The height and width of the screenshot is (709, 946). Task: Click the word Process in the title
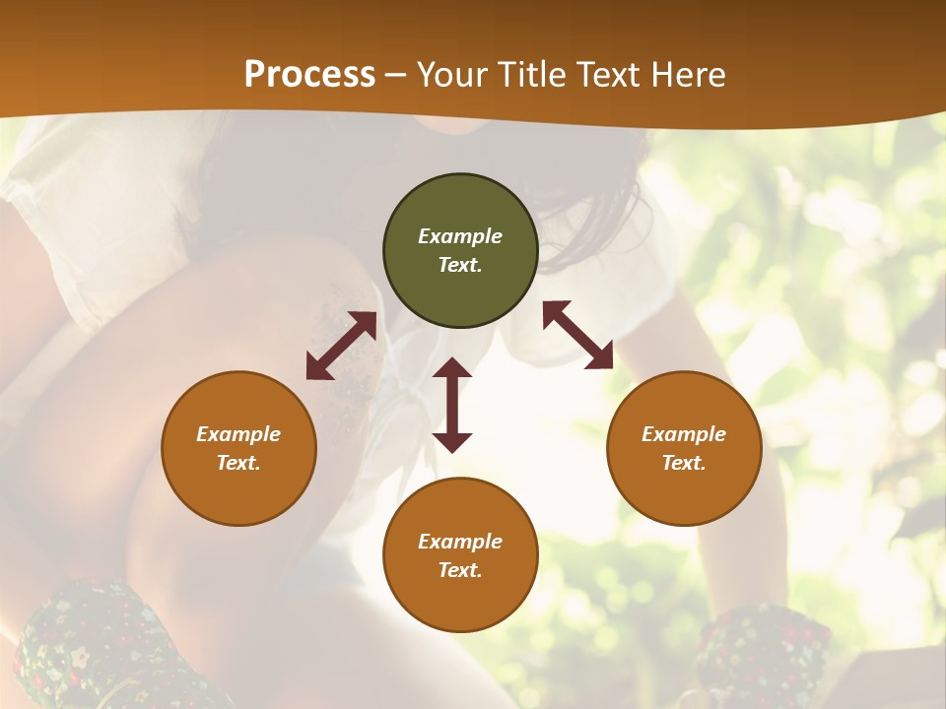(309, 75)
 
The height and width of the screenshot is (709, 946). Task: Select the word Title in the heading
(532, 75)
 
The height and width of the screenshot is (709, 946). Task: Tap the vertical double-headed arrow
(452, 405)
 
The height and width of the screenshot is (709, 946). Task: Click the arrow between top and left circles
(341, 346)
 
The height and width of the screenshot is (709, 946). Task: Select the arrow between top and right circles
(577, 335)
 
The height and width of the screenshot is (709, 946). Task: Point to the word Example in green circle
(460, 236)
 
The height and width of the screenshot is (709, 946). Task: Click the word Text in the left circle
(238, 463)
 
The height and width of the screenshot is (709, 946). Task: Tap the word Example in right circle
(684, 434)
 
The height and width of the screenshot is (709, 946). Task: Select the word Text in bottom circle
(460, 570)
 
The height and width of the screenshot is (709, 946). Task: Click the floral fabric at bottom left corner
(89, 650)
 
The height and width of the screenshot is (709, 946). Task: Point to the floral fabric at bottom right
(764, 655)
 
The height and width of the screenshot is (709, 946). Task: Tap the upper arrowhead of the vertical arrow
(452, 369)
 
